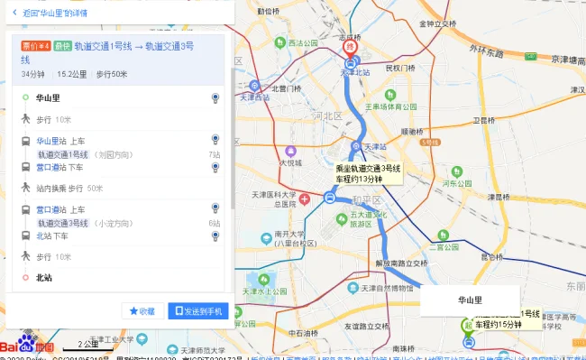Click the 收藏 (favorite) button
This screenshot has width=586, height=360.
coord(143,311)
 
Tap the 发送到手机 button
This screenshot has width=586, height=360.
coord(198,311)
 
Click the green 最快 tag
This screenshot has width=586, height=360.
coord(61,45)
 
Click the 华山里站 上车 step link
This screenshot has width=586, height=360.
coord(60,141)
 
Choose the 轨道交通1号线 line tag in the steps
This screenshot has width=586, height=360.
coord(64,154)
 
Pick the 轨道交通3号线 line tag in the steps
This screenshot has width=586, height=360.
coord(64,223)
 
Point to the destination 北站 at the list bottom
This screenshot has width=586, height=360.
coord(43,278)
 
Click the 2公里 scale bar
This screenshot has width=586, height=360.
coord(88,345)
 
